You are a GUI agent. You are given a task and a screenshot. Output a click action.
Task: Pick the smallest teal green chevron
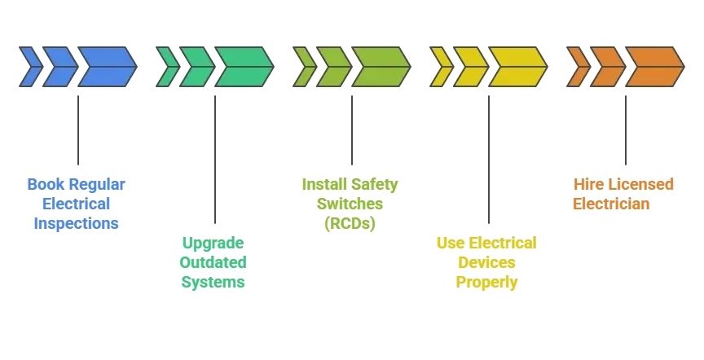tap(168, 67)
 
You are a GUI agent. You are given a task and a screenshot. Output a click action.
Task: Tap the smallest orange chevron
tap(579, 67)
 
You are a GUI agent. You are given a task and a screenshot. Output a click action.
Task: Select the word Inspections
tap(76, 223)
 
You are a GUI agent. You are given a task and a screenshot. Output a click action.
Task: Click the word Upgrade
tap(213, 243)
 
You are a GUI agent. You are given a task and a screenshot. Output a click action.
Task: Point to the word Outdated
tap(213, 262)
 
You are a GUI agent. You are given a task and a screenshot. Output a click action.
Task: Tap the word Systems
tap(213, 282)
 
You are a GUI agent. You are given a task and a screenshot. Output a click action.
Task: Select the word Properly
tap(486, 282)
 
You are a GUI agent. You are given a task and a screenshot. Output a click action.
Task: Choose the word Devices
tap(486, 262)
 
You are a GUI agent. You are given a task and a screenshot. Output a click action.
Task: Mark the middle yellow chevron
tap(471, 67)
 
